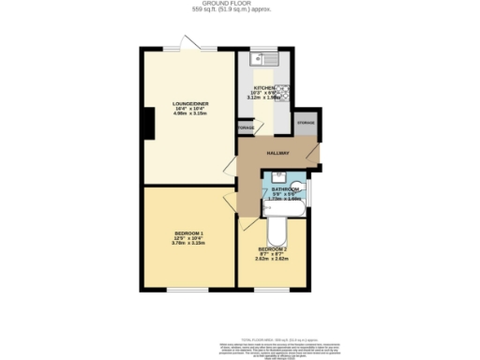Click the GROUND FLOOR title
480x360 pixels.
[240, 4]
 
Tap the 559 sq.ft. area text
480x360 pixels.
[240, 10]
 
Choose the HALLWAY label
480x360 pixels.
[278, 153]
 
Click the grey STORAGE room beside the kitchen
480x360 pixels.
[306, 127]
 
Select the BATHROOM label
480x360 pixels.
[285, 188]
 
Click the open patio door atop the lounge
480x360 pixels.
[188, 46]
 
